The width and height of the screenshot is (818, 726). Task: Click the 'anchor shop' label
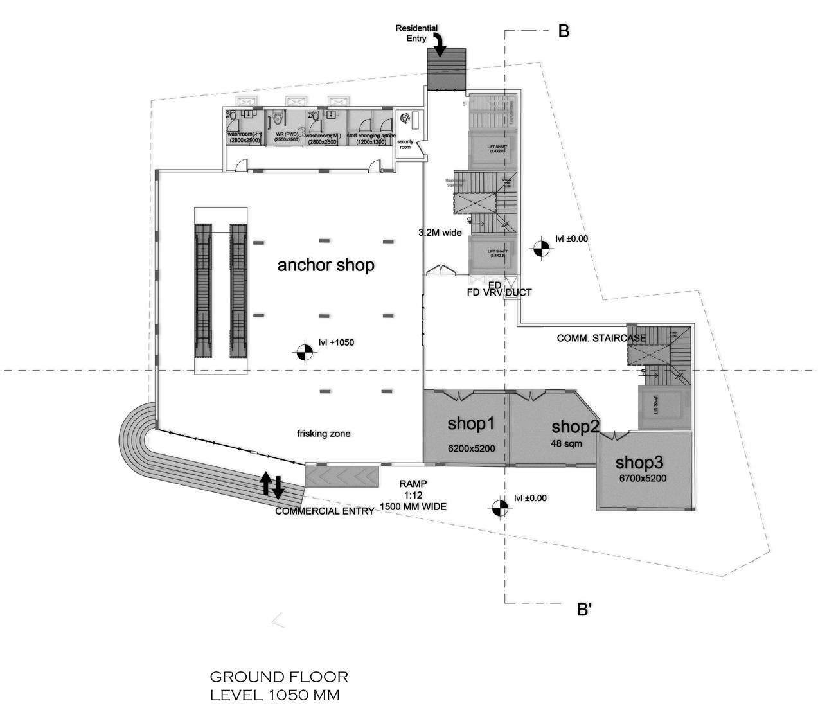pos(325,265)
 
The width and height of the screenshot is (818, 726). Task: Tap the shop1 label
pos(471,423)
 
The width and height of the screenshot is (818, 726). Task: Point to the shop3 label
pos(639,462)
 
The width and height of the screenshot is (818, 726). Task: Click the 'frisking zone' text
pos(323,434)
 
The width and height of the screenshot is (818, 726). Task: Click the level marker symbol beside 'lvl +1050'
pos(304,352)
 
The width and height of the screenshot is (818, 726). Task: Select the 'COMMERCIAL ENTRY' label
pos(324,511)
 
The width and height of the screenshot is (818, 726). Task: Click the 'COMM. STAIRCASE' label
pos(601,338)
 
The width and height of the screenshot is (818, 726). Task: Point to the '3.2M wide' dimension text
pos(440,233)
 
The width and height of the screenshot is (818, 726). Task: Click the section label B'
pos(583,610)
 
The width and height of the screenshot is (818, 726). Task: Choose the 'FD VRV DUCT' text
pos(499,293)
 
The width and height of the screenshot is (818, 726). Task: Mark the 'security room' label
pos(405,145)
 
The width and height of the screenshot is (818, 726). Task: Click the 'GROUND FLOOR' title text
pos(279,677)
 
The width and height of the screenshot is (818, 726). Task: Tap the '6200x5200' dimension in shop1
pos(471,448)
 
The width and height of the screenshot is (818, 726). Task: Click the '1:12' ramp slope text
pos(412,495)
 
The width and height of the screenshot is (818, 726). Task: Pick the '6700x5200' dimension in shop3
pos(642,478)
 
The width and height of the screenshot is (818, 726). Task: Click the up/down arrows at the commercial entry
pos(271,485)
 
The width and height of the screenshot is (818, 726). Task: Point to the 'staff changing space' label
pos(370,136)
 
